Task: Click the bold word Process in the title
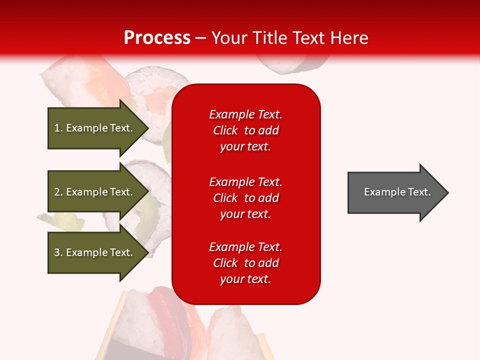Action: pos(157,38)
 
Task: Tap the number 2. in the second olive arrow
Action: pos(58,192)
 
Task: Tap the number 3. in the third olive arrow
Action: pos(58,252)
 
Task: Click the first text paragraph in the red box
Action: pos(245,130)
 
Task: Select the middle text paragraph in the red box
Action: pos(245,198)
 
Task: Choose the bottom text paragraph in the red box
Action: pos(245,263)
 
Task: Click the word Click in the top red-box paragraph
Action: pos(225,130)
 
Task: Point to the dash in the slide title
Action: pos(201,38)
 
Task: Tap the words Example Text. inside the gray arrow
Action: pos(397,192)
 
